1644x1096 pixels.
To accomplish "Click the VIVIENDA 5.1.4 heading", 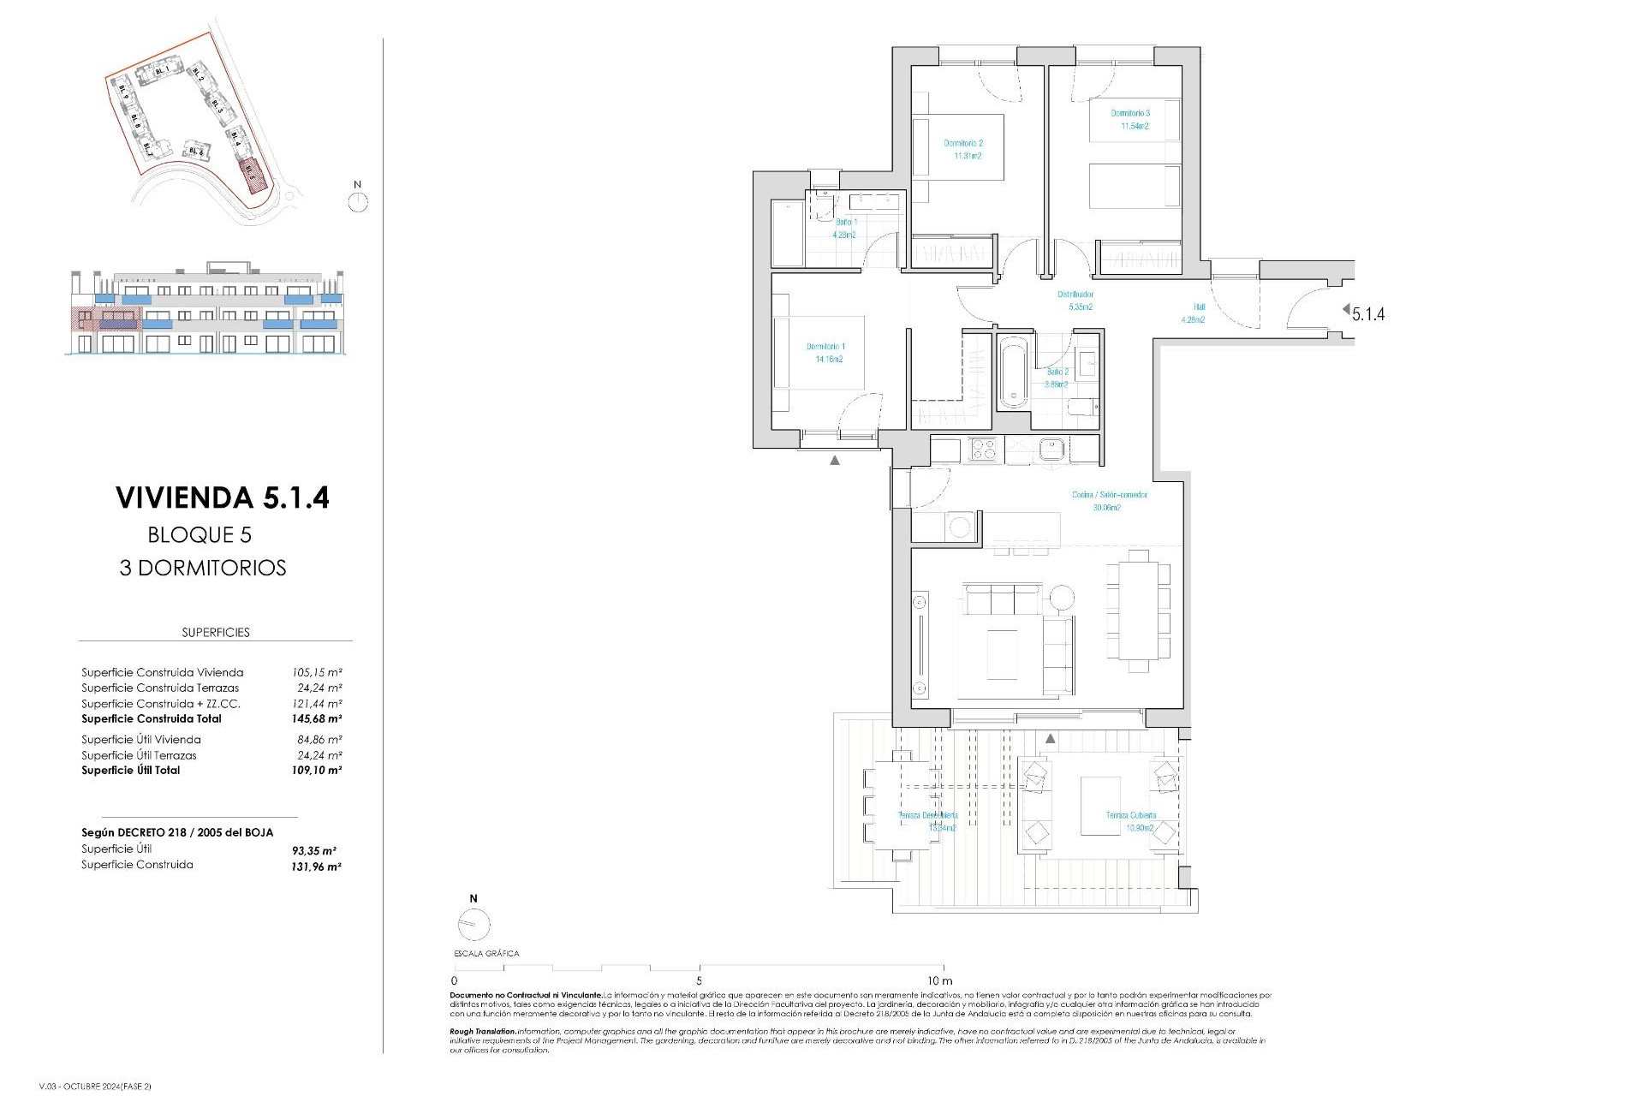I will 222,497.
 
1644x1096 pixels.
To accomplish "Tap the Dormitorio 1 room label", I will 825,353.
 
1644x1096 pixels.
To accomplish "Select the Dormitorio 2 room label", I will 963,149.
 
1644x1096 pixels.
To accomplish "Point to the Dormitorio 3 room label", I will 1130,119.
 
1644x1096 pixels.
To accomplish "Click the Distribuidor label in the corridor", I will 1075,300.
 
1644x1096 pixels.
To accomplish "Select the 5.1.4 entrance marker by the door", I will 1367,313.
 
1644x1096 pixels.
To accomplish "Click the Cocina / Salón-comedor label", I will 1109,500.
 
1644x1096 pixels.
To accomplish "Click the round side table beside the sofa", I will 1062,597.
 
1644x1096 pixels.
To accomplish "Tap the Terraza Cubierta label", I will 1130,821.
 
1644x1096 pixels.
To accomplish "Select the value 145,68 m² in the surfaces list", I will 317,719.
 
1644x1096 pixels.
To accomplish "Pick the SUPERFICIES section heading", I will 216,633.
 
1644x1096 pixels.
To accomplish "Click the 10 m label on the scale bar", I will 939,980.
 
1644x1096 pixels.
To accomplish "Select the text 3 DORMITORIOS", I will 203,568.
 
